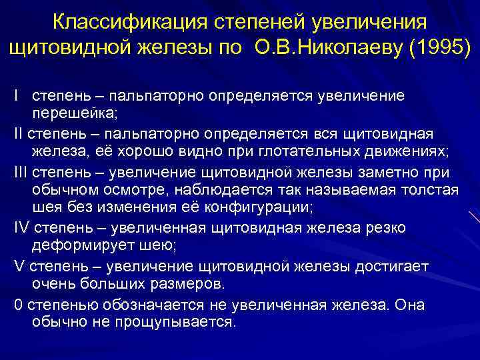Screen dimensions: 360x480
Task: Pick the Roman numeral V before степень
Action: [x=17, y=267]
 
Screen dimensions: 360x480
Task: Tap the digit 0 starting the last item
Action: [x=17, y=305]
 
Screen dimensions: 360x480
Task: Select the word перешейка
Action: [x=74, y=111]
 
